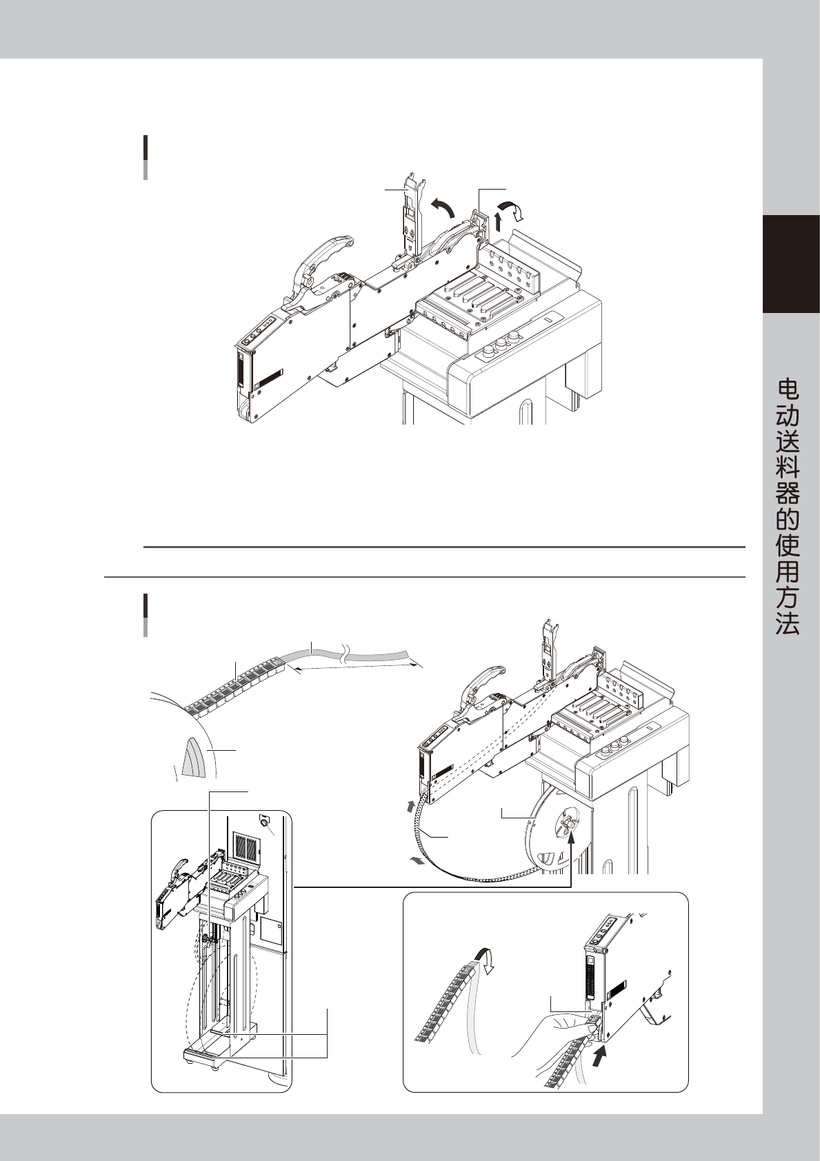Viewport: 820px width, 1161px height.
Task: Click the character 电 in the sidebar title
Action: click(788, 390)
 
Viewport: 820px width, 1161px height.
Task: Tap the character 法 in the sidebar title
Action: click(788, 623)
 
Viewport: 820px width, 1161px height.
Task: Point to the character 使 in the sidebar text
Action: click(788, 546)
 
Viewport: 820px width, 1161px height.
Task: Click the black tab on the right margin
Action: click(791, 264)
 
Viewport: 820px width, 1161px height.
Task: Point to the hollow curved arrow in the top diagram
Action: click(514, 211)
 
